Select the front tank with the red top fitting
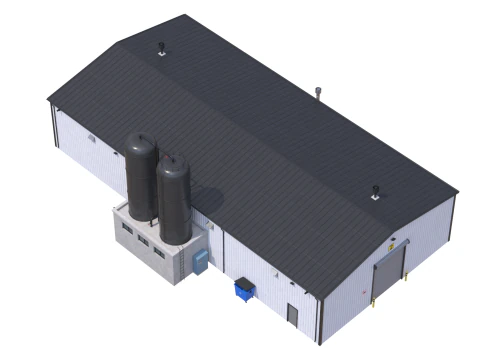tap(172, 200)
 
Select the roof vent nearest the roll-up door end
tap(376, 190)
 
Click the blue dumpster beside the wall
tap(243, 291)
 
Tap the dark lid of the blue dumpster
tap(243, 285)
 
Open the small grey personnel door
tap(292, 314)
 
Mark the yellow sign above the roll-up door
tap(393, 240)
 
